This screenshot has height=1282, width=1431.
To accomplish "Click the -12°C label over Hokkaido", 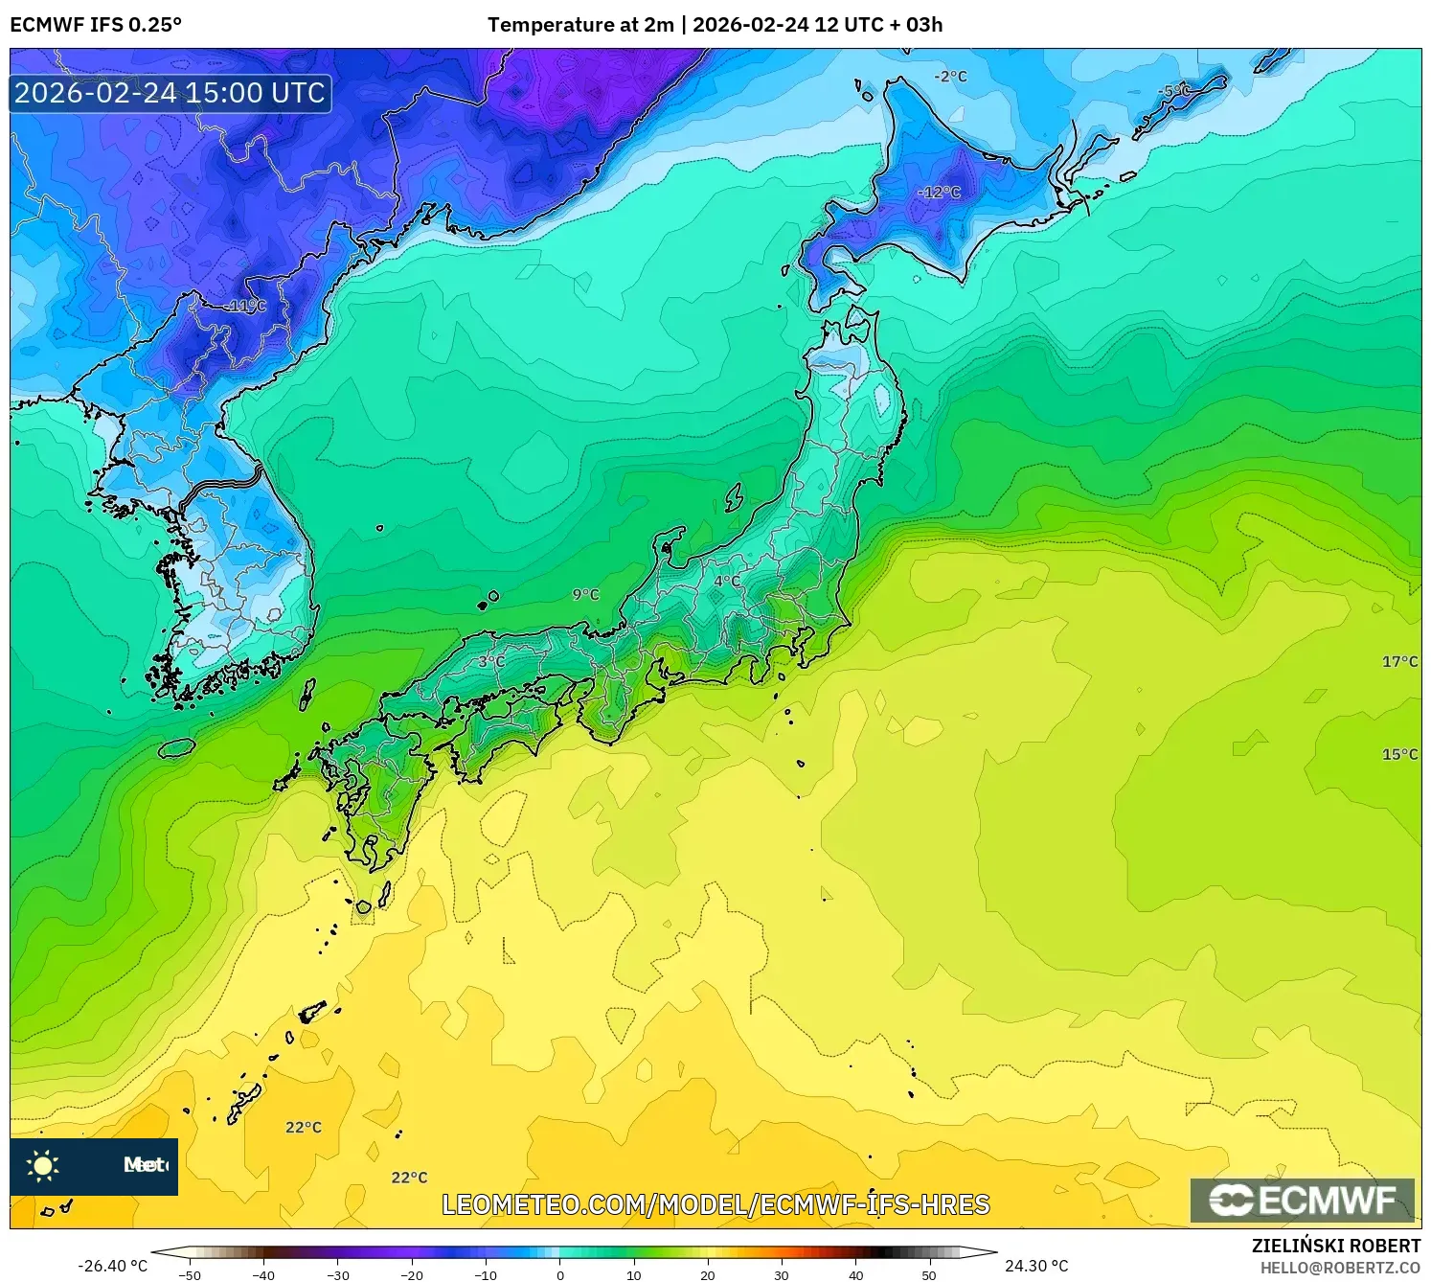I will point(939,193).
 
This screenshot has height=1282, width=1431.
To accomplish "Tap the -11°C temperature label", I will point(246,306).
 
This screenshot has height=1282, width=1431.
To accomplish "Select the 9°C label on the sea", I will point(585,595).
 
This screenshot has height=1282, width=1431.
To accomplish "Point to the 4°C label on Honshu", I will point(727,581).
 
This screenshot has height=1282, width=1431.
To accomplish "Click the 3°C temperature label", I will point(491,661).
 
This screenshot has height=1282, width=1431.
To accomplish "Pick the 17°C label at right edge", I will point(1399,662).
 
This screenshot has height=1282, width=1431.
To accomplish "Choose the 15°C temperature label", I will point(1399,754).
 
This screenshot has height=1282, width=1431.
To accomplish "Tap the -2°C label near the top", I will point(951,77).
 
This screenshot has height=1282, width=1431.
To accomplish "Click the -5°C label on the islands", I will point(1174,91).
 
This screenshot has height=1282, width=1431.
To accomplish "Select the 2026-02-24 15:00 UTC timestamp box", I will point(170,93).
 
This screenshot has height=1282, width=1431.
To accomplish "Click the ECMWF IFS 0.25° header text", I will point(96,25).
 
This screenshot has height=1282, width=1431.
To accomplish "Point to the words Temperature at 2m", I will point(580,25).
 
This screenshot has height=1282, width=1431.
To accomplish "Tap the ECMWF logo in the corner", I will point(1303,1201).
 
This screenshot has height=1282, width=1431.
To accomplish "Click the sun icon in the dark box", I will point(43,1166).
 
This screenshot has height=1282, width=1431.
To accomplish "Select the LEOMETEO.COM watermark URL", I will point(715,1204).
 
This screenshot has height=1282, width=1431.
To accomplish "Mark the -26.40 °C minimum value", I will point(112,1266).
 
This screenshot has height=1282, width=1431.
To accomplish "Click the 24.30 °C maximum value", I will point(1036,1266).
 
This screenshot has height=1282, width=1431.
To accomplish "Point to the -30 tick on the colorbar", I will point(338,1275).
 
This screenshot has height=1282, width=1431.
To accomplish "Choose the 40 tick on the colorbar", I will point(855,1275).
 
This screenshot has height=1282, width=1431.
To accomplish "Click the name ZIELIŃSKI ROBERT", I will point(1336,1246).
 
